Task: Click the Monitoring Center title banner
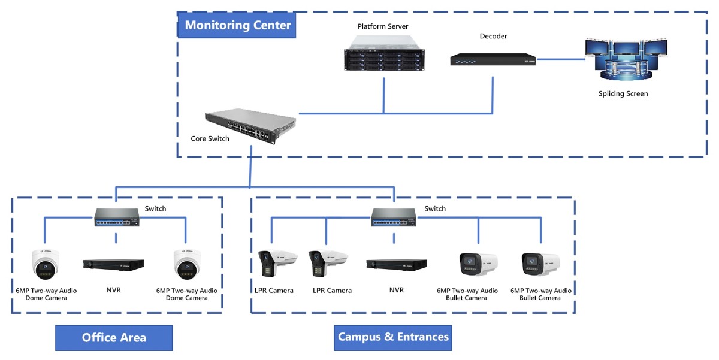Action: (237, 25)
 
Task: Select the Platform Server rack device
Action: (384, 53)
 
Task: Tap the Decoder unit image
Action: (493, 59)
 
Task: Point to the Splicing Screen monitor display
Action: (626, 60)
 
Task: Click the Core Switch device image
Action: (250, 126)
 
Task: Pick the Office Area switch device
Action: (116, 217)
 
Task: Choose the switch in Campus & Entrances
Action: (394, 217)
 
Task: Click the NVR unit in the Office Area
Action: (113, 265)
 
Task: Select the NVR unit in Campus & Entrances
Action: (397, 265)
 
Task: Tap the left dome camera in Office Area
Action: (46, 264)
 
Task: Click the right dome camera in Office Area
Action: (187, 264)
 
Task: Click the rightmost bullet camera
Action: (541, 264)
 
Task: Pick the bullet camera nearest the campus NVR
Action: (479, 264)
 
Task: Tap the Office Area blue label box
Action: (114, 338)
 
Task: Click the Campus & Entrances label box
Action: (393, 338)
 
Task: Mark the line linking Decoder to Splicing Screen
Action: (561, 59)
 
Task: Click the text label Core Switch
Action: (210, 138)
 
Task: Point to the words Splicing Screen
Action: (623, 93)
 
